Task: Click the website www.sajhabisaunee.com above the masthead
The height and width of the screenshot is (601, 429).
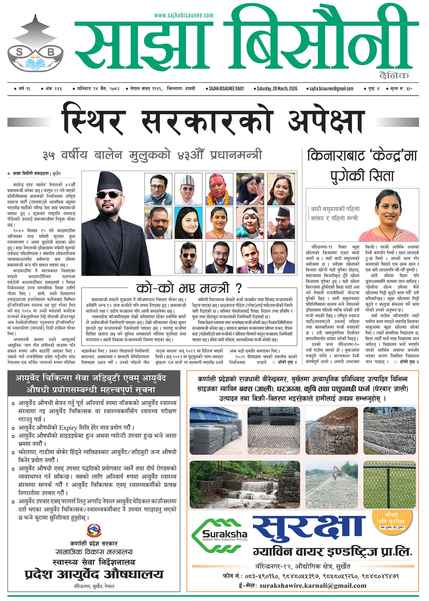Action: (x=184, y=15)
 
